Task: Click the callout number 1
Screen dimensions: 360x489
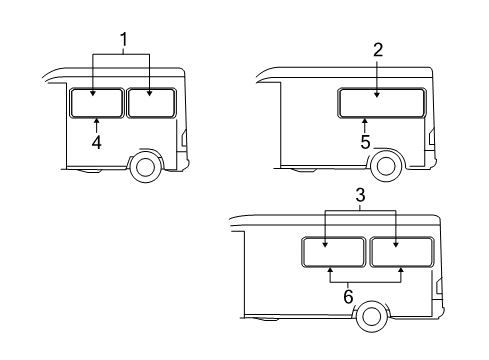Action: coord(123,41)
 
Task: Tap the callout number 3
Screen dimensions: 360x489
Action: coord(361,197)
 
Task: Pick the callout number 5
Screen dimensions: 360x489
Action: coord(365,142)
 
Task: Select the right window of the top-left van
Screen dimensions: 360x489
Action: coord(151,103)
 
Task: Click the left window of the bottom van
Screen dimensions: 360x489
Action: coord(333,253)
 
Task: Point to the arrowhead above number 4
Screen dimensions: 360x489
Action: coord(96,121)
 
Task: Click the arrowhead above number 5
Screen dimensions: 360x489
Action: coord(365,121)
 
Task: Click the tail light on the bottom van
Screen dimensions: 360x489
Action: coord(440,291)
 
